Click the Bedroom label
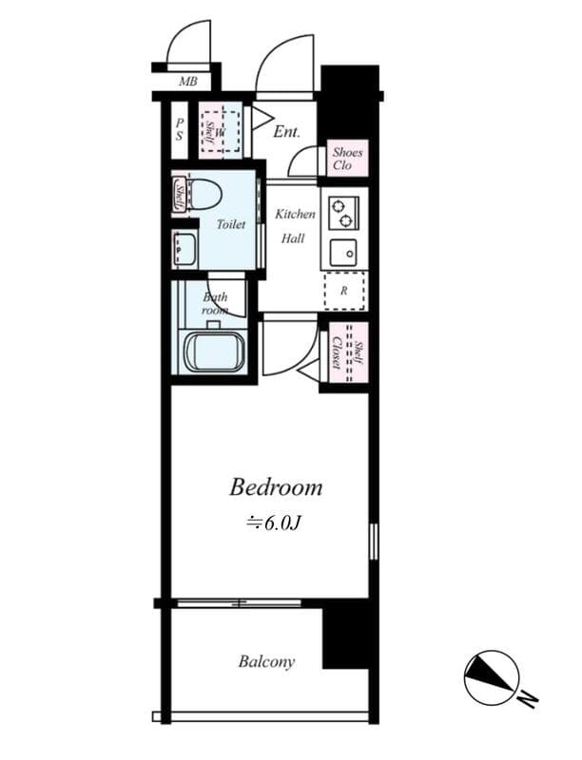pyautogui.click(x=276, y=488)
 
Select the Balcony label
pyautogui.click(x=266, y=661)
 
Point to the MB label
pyautogui.click(x=188, y=82)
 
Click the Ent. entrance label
pyautogui.click(x=286, y=132)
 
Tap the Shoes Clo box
pyautogui.click(x=342, y=159)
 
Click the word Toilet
pyautogui.click(x=231, y=224)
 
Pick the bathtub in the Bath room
pyautogui.click(x=214, y=352)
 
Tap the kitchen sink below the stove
pyautogui.click(x=342, y=253)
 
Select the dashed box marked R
pyautogui.click(x=343, y=292)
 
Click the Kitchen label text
pyautogui.click(x=295, y=215)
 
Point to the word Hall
pyautogui.click(x=293, y=238)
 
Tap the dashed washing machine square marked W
pyautogui.click(x=221, y=130)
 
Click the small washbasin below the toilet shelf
pyautogui.click(x=184, y=250)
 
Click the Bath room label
pyautogui.click(x=215, y=303)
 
